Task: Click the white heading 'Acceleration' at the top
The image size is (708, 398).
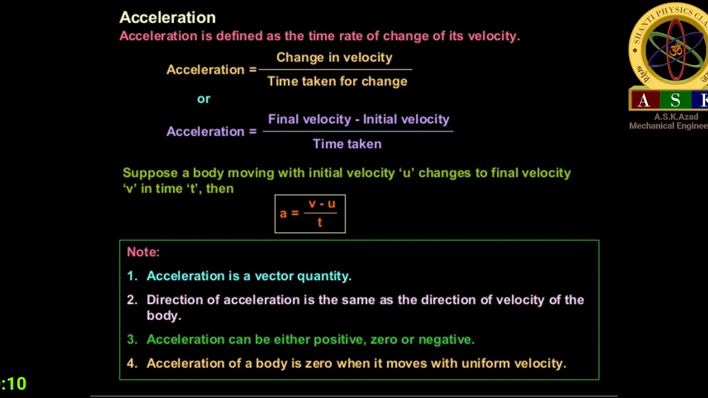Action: point(167,18)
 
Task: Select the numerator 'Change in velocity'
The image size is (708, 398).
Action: point(334,57)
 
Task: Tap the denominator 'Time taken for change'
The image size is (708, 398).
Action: point(337,81)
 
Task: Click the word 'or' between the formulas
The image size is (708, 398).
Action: point(204,99)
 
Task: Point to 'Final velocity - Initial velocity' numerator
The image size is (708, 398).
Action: point(358,119)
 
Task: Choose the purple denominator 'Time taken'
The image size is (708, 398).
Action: point(347,144)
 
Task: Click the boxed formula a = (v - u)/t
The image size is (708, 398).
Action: point(310,214)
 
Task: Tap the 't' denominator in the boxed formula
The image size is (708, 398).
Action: point(320,222)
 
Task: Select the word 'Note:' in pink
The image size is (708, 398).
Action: point(143,252)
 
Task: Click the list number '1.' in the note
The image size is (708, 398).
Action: point(132,276)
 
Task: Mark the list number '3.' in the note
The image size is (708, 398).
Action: point(132,339)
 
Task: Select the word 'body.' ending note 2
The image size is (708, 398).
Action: point(164,316)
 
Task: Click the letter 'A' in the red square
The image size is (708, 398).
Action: point(644,100)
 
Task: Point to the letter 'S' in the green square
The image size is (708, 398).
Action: point(675,100)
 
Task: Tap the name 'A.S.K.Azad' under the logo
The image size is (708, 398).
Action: point(676,117)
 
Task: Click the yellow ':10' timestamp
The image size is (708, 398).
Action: point(14,384)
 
